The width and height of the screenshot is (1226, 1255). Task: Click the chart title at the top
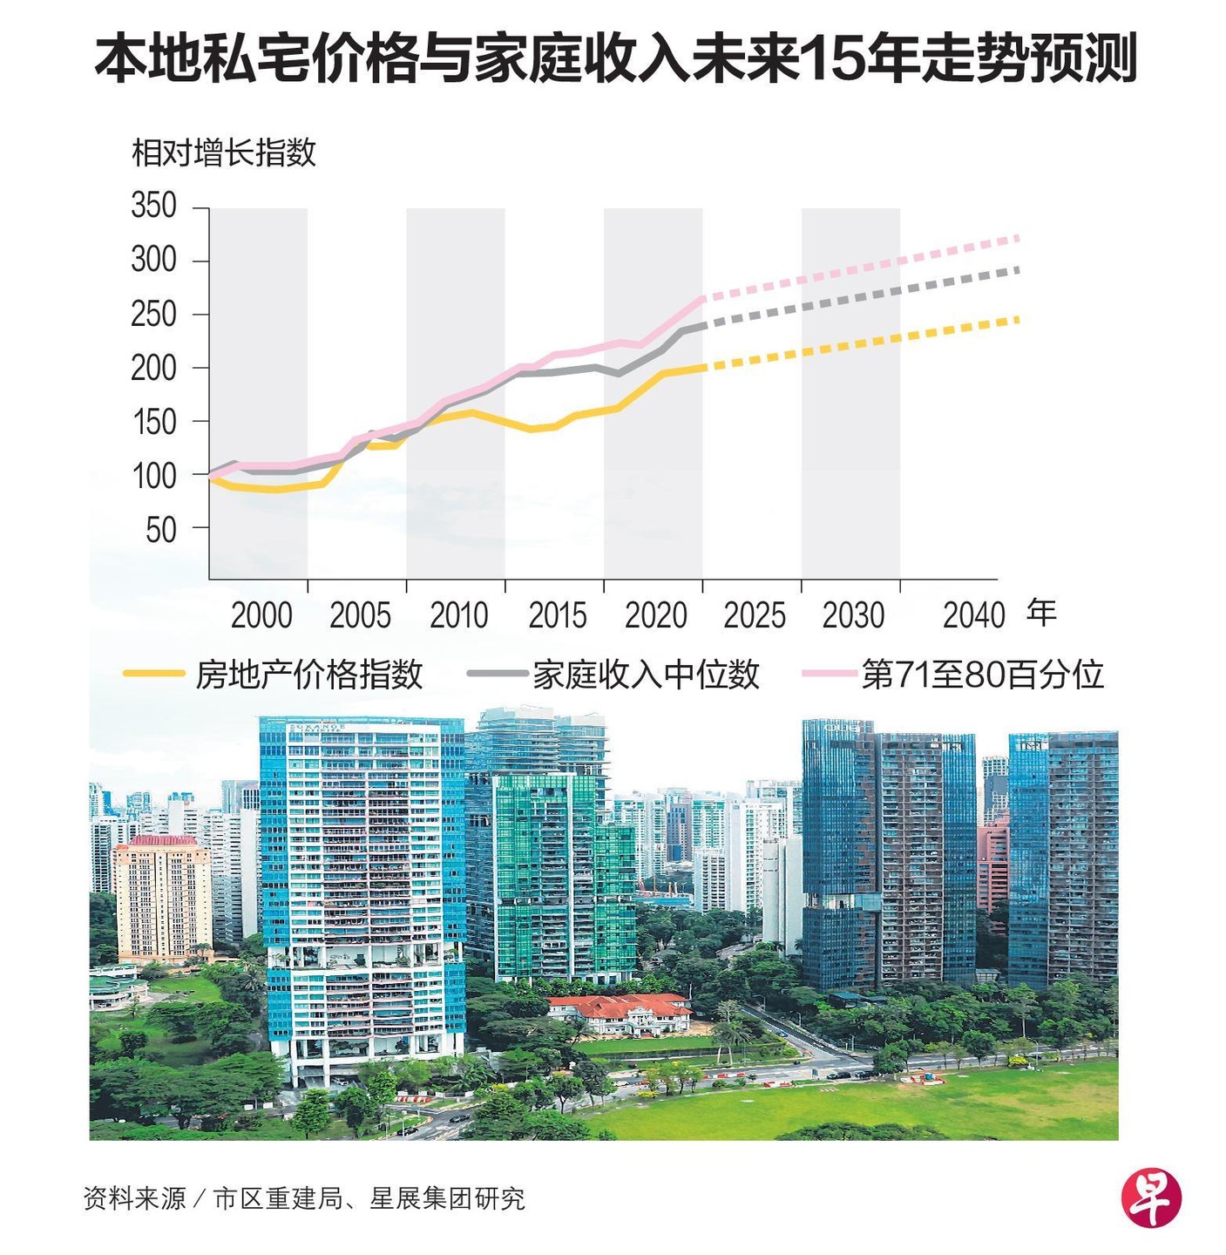(x=615, y=59)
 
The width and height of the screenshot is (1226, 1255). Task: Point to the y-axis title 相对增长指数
(x=223, y=153)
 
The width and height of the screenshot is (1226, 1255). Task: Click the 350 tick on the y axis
(x=154, y=207)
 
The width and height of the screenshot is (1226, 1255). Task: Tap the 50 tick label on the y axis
(x=161, y=529)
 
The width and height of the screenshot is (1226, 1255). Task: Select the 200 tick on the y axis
(x=154, y=368)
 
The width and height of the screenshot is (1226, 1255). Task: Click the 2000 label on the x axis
(x=261, y=615)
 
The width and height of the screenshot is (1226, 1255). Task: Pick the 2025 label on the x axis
(x=755, y=615)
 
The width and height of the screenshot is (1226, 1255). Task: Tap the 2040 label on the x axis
(x=974, y=615)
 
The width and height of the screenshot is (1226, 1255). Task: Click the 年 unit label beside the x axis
(x=1041, y=613)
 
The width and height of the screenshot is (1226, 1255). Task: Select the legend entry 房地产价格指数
(x=308, y=675)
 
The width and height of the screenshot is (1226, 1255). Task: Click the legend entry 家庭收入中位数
(x=646, y=675)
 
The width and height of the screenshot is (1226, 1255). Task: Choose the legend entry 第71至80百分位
(x=982, y=675)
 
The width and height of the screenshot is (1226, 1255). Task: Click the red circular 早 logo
(x=1151, y=1197)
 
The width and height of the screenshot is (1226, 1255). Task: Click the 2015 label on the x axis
(x=558, y=615)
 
